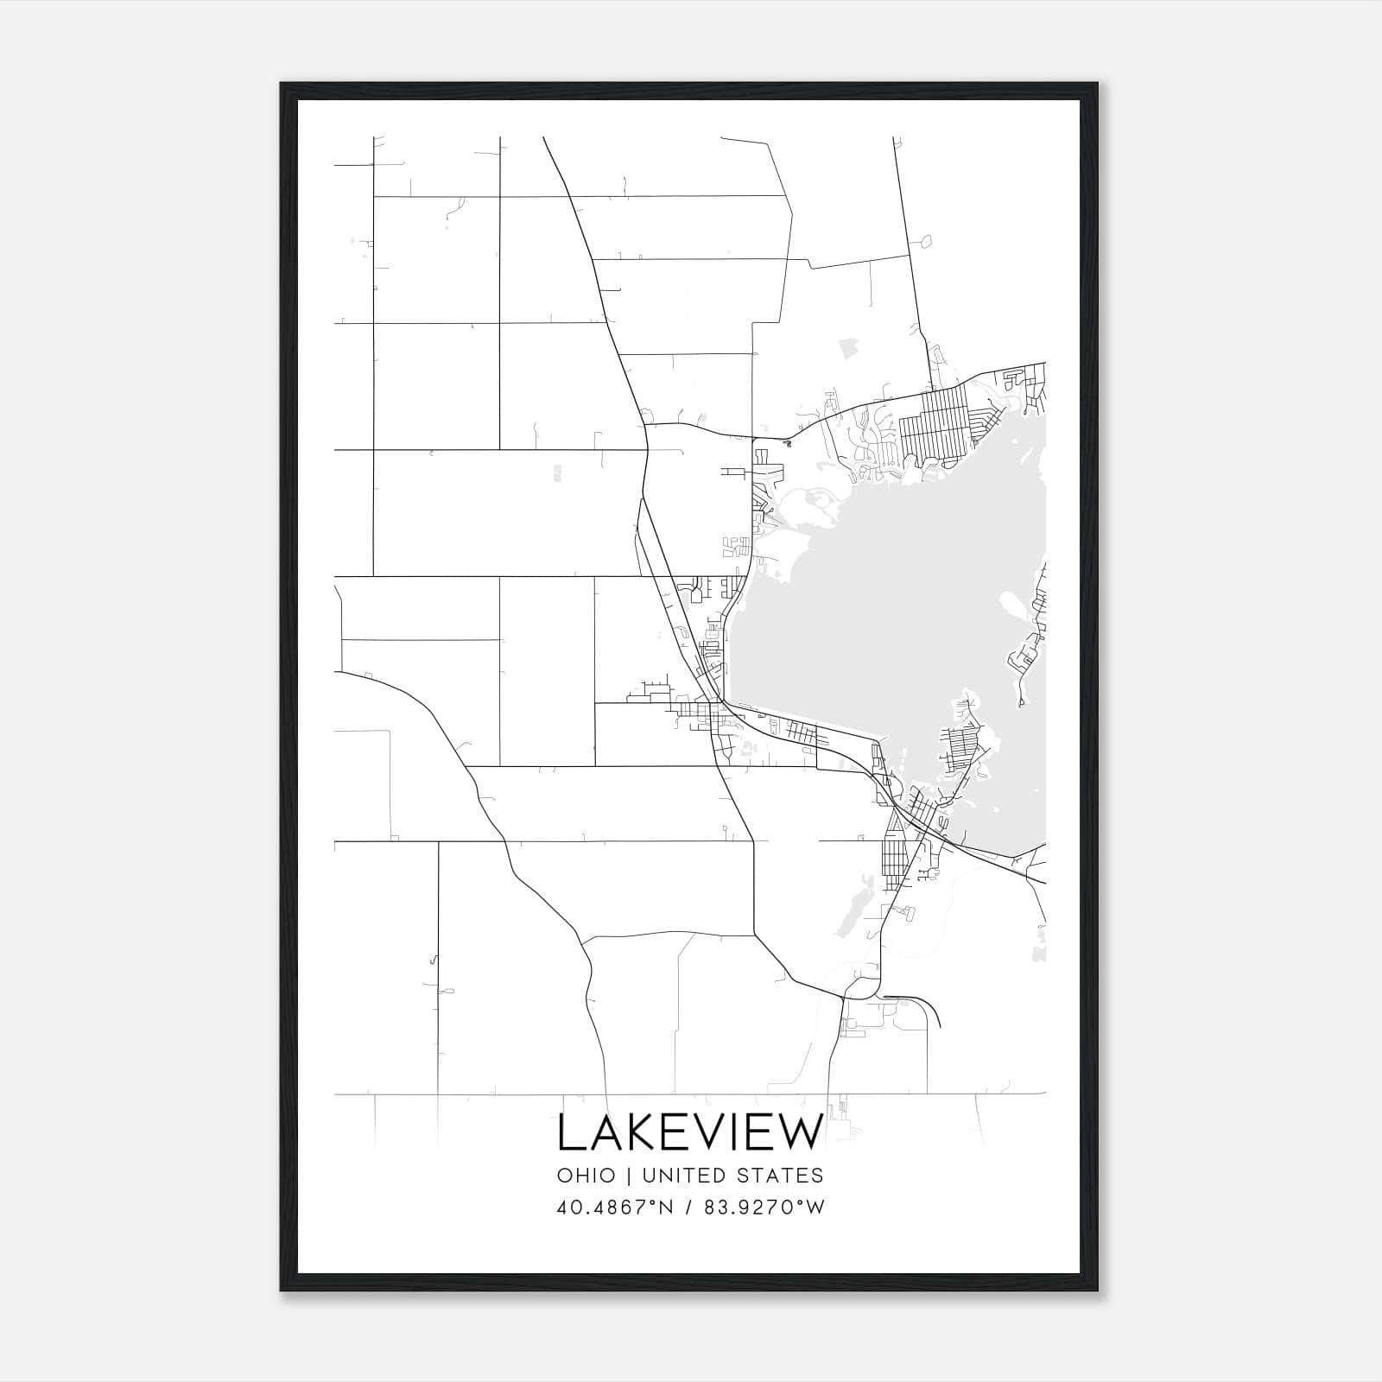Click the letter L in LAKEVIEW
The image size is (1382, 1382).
tap(572, 1133)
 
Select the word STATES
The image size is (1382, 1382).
tap(788, 1176)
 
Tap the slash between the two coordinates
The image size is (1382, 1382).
tap(687, 1208)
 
